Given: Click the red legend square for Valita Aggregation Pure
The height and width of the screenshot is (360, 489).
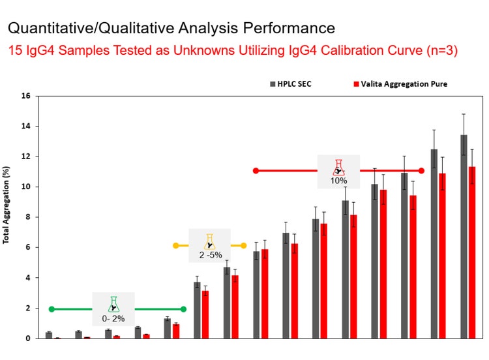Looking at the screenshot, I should tap(355, 84).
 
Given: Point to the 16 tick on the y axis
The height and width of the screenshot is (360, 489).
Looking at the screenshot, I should tap(26, 96).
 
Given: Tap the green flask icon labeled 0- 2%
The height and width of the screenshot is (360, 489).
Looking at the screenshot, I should tap(113, 304).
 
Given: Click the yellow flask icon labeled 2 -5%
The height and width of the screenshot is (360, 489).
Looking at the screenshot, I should tap(209, 241).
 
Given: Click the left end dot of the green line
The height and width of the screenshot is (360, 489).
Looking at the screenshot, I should tap(52, 309).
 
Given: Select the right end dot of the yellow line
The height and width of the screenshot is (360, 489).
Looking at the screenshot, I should tap(244, 246).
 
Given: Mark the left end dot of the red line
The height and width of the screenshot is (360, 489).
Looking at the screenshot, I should tap(256, 171).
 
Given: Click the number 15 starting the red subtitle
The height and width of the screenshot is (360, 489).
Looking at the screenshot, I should tap(15, 50).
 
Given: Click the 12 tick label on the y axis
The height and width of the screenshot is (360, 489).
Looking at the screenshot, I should tap(26, 157).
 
